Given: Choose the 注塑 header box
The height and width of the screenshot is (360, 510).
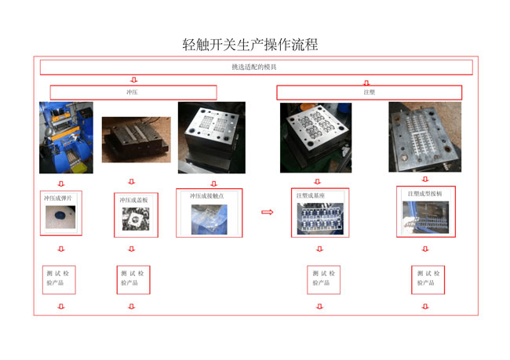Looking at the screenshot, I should pyautogui.click(x=369, y=93).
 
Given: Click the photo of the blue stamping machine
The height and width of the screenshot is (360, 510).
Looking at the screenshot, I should pyautogui.click(x=66, y=138).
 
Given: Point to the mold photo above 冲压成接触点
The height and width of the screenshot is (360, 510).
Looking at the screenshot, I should pyautogui.click(x=211, y=138).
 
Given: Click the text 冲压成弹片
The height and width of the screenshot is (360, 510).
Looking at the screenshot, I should pyautogui.click(x=60, y=198).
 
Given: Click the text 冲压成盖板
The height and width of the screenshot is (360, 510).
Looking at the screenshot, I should pyautogui.click(x=133, y=200).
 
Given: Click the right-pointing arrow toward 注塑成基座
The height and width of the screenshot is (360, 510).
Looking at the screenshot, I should pyautogui.click(x=267, y=212).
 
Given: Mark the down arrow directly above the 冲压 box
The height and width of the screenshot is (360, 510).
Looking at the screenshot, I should pyautogui.click(x=133, y=80).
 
